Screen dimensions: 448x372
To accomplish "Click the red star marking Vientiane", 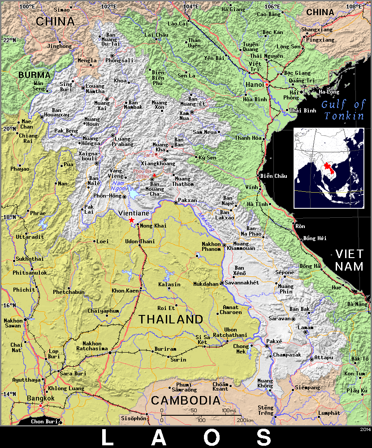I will point(131,220).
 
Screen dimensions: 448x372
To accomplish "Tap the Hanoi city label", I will point(254,84).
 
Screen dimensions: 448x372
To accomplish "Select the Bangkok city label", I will point(40,398).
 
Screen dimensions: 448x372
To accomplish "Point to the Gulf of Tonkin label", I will point(344,110).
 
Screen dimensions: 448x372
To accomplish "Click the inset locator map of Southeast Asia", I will point(329,168).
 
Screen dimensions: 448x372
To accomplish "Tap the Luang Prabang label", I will point(123,142).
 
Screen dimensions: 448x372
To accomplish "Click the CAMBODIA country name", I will point(186,400).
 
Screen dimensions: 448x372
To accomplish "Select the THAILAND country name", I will point(171,319).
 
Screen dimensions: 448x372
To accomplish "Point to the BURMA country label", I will point(35,75).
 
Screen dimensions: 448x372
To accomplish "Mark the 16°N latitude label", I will point(10,306).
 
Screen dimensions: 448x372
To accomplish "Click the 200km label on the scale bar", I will point(245,420).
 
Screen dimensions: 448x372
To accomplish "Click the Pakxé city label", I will point(274,341).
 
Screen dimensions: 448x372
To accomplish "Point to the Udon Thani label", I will point(140,241).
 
